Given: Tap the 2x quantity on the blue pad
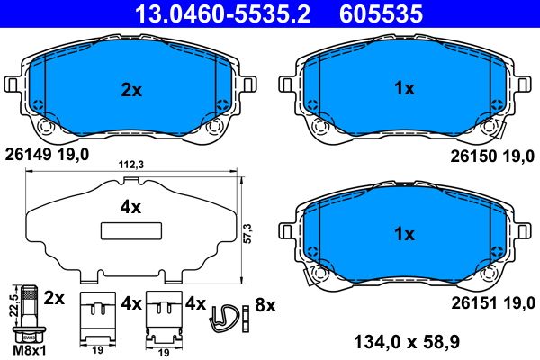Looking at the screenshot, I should point(131,89).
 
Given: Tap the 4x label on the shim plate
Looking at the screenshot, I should point(131,207).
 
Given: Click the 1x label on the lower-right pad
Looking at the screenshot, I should point(404,235).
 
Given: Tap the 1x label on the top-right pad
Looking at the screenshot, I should point(404,88).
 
